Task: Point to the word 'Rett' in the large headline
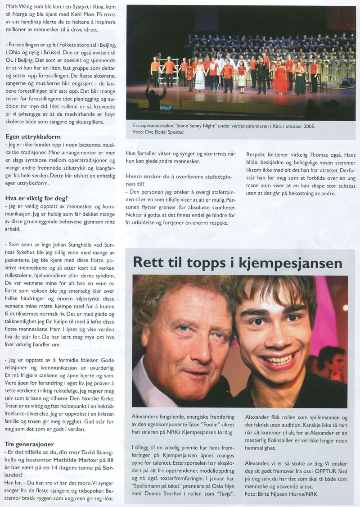pyautogui.click(x=150, y=263)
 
